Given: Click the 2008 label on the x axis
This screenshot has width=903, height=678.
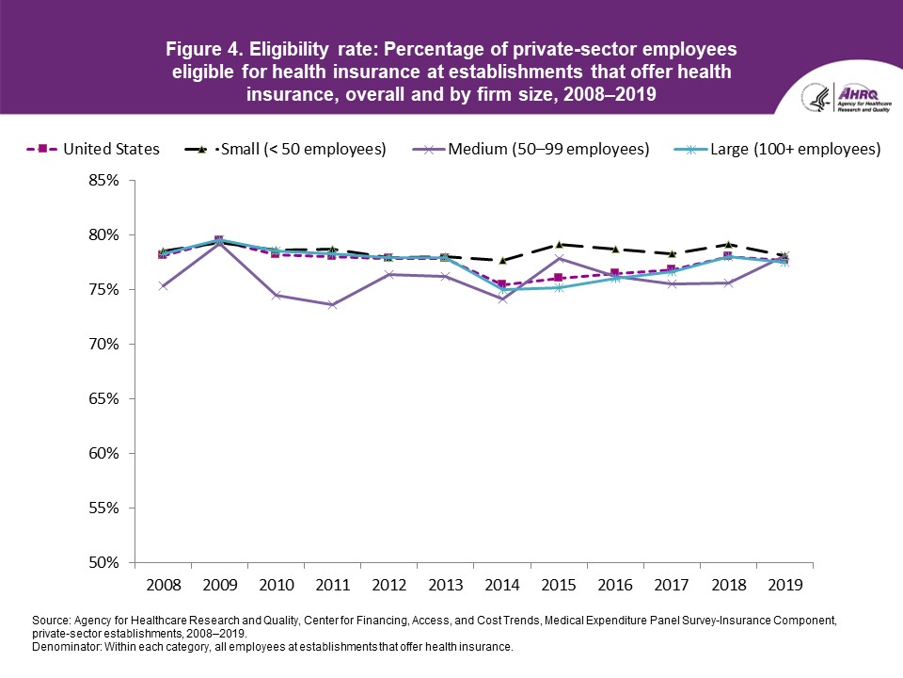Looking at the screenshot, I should [163, 584].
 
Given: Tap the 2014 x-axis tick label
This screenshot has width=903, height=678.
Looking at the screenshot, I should [502, 584].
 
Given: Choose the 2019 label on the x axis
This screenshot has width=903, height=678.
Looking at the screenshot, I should [784, 584].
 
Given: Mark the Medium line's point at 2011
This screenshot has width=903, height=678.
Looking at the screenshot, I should [332, 305].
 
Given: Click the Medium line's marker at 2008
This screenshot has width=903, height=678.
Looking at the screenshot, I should [163, 286].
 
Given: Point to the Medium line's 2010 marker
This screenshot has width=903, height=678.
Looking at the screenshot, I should [276, 295].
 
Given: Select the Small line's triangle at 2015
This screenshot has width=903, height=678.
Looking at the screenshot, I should [559, 244].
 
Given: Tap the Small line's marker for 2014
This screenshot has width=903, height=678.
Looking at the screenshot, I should [502, 260].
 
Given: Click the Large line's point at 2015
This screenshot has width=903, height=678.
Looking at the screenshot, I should [559, 287].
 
